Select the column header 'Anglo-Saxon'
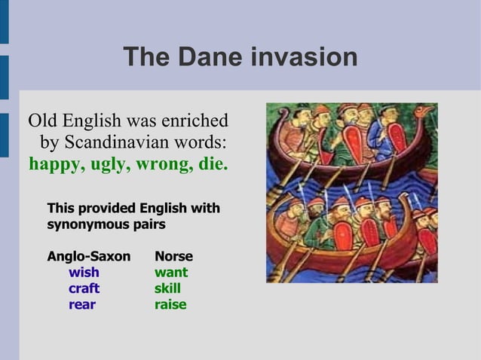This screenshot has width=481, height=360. [x=88, y=257]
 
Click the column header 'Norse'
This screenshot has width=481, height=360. [x=173, y=257]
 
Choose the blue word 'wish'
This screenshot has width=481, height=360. [x=84, y=273]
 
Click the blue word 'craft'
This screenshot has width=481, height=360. [x=84, y=288]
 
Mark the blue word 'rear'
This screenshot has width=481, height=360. [x=82, y=305]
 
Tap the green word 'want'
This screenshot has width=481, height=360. [x=171, y=273]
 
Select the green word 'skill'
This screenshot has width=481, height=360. [x=167, y=288]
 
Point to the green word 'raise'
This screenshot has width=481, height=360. [x=170, y=305]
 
